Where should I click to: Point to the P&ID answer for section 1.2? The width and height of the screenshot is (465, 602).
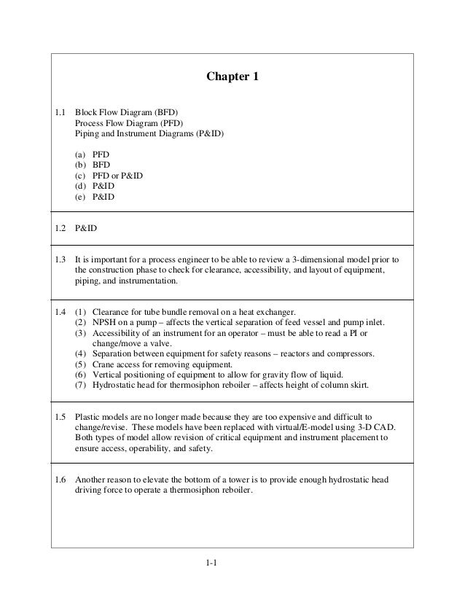tap(86, 228)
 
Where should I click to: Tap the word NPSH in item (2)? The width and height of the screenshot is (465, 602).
tap(105, 323)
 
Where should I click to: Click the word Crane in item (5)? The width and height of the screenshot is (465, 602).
tap(105, 364)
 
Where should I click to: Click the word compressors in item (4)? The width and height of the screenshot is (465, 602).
tap(348, 354)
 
